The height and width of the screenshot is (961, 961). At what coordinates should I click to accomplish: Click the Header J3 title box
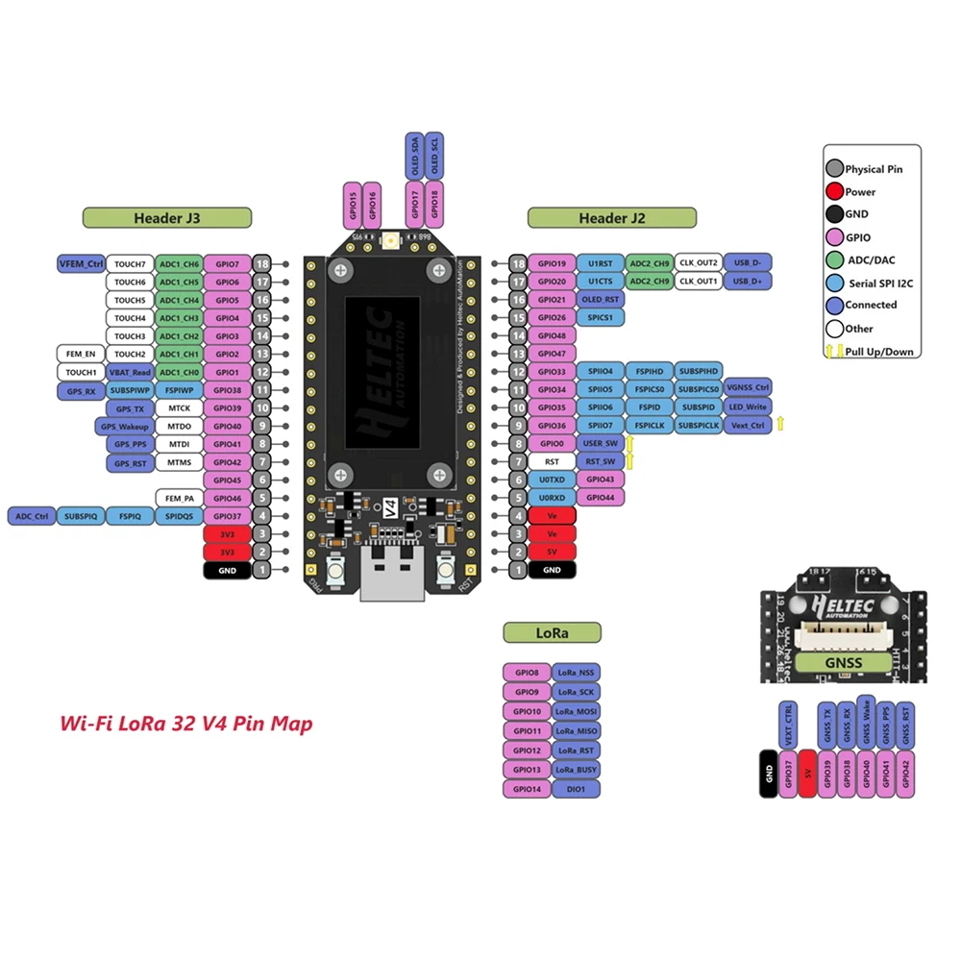167,218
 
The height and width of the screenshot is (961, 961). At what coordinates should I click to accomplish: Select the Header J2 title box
610,218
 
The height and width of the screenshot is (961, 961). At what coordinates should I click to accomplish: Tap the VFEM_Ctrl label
81,262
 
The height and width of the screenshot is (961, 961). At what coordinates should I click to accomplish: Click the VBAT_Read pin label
129,372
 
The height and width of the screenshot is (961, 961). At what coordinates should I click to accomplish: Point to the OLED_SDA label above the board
414,156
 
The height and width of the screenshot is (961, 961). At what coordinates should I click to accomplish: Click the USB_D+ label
747,282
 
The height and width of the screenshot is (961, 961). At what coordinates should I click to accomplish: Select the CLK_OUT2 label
699,262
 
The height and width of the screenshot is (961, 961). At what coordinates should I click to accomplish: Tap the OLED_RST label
601,299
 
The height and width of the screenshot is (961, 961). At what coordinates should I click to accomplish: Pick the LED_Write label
748,407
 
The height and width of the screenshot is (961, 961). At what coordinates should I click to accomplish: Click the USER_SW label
601,444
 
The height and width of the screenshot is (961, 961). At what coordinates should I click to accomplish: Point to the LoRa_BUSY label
577,770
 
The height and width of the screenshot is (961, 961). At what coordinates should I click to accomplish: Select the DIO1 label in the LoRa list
577,789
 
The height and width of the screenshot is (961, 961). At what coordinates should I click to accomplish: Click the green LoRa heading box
553,633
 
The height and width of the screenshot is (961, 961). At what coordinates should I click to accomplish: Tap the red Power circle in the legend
834,191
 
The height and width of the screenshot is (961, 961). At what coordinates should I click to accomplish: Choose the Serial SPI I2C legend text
878,283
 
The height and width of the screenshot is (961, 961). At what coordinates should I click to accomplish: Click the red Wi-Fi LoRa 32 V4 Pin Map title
186,725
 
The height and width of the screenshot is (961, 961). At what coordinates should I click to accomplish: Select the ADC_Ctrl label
31,516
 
